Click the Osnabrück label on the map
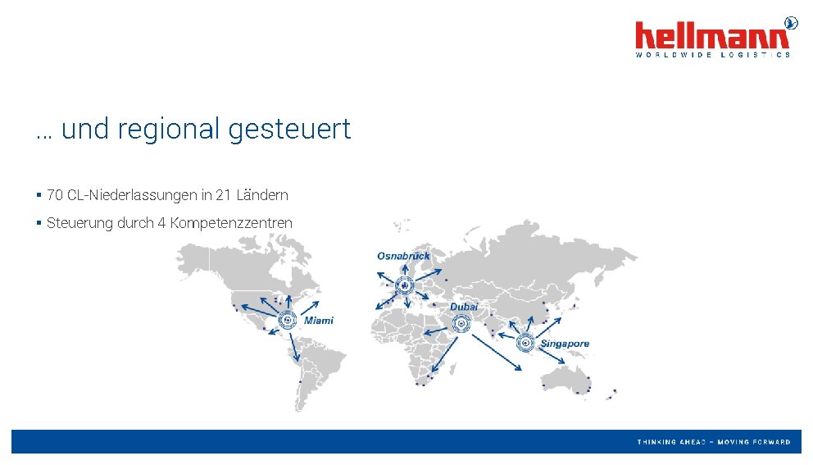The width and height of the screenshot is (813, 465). pos(403,256)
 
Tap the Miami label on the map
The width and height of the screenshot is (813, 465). pos(319,321)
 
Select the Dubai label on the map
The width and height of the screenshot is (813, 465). pos(463,307)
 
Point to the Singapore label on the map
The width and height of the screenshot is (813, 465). pos(564,344)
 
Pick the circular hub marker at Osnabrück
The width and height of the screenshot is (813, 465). pos(404,285)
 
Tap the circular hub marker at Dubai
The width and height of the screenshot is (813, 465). pos(462,325)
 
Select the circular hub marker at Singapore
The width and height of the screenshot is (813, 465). pos(525,343)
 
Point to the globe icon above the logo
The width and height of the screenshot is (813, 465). pos(791,22)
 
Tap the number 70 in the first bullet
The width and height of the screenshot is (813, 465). pos(55,195)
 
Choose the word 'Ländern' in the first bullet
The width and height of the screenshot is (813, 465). pos(262,195)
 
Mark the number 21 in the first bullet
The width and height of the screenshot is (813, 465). pos(223,195)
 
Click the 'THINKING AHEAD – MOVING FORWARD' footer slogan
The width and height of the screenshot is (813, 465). pos(714,442)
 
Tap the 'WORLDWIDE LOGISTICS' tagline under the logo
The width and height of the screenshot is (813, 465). pos(713,55)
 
